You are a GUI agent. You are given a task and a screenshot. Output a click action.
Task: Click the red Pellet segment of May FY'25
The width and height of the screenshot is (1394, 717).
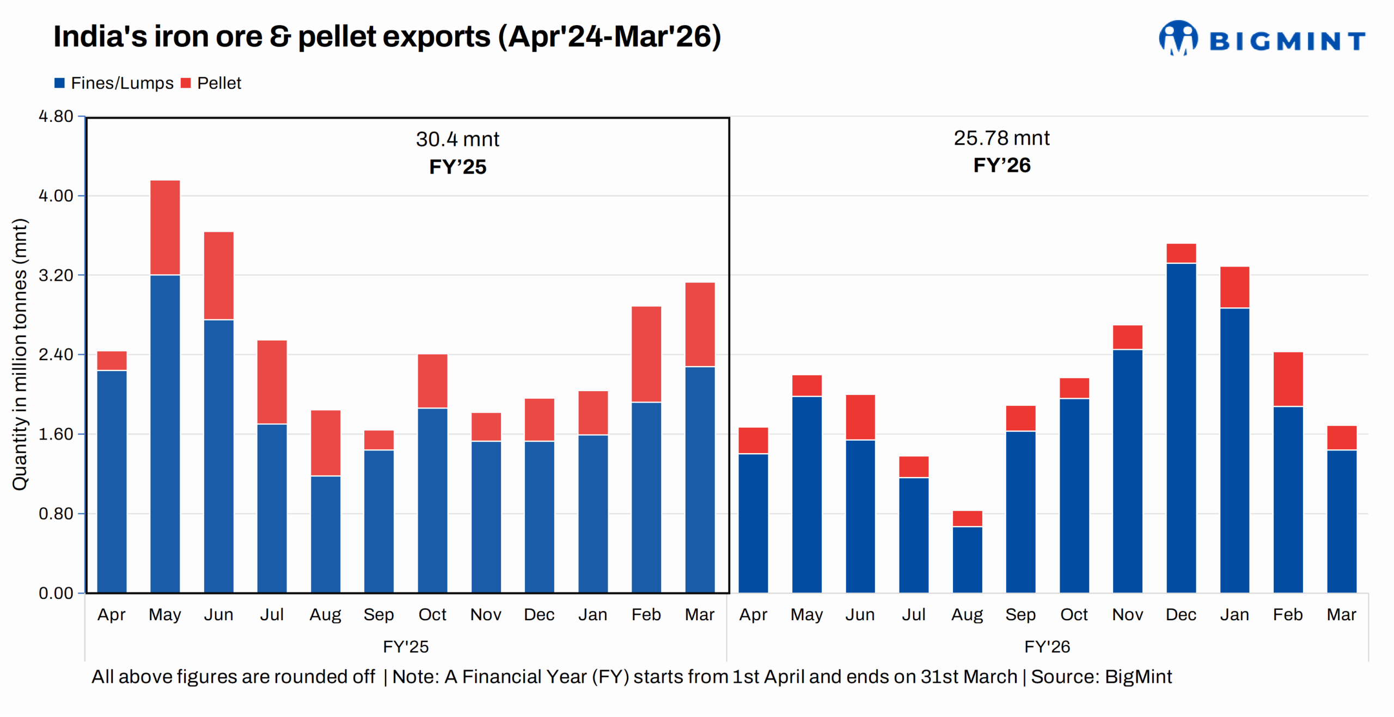pyautogui.click(x=165, y=227)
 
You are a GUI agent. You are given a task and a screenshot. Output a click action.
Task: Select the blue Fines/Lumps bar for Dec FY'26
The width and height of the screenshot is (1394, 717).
pyautogui.click(x=1181, y=428)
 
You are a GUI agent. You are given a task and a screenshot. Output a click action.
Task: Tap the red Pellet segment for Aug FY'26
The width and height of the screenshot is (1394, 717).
pyautogui.click(x=967, y=518)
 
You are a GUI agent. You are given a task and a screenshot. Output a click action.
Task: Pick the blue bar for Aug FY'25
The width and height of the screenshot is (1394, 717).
pyautogui.click(x=326, y=534)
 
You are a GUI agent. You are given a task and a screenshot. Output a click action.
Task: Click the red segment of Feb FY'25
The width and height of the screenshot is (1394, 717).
pyautogui.click(x=646, y=354)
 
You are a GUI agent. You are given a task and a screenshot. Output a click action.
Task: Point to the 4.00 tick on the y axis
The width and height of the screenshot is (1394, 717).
pyautogui.click(x=56, y=196)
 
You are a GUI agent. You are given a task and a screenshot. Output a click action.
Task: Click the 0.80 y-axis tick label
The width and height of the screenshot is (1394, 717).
pyautogui.click(x=56, y=514)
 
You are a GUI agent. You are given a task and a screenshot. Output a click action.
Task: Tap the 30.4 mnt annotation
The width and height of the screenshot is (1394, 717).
pyautogui.click(x=457, y=139)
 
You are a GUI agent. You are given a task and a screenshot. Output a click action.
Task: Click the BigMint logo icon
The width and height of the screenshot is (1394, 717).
pyautogui.click(x=1178, y=38)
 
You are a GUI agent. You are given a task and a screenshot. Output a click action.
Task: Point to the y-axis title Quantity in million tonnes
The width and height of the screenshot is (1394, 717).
pyautogui.click(x=20, y=354)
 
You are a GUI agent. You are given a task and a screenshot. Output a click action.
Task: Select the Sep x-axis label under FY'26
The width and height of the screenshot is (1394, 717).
pyautogui.click(x=1020, y=614)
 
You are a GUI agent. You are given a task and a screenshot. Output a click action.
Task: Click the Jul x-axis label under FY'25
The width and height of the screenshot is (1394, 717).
pyautogui.click(x=272, y=614)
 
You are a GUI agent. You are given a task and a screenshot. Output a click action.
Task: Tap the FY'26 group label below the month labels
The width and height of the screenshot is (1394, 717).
pyautogui.click(x=1047, y=646)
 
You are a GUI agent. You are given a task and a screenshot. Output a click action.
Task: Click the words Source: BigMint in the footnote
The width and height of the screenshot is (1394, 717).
pyautogui.click(x=1101, y=676)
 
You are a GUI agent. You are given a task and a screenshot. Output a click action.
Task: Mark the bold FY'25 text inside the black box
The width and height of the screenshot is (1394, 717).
pyautogui.click(x=457, y=166)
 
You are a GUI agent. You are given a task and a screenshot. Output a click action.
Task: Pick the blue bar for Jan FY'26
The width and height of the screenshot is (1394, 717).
pyautogui.click(x=1234, y=450)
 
